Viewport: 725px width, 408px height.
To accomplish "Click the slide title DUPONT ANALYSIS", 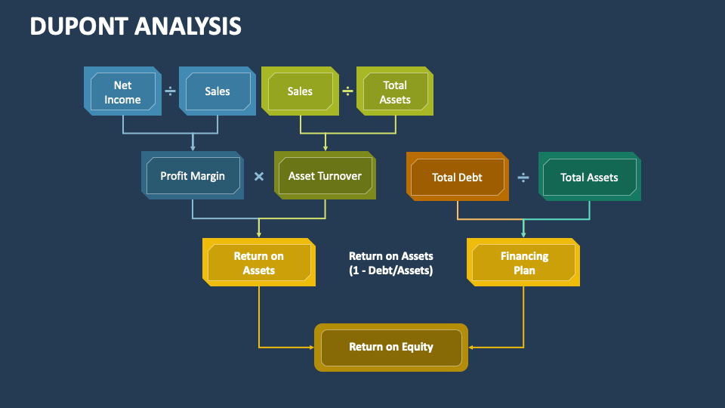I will [136, 26].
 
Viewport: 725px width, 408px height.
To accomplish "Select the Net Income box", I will [122, 91].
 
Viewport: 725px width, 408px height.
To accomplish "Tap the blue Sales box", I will [217, 91].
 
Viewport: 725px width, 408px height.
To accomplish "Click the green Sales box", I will [300, 91].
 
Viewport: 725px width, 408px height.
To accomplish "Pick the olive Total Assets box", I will [395, 91].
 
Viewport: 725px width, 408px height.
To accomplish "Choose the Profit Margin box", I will [193, 176].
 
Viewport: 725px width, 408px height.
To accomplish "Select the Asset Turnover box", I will [325, 176].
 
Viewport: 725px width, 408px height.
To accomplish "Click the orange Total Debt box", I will [458, 178].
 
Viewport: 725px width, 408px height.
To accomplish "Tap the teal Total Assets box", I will [590, 178].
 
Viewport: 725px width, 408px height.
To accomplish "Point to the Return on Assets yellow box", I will [259, 263].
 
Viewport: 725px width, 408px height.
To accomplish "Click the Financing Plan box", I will [523, 263].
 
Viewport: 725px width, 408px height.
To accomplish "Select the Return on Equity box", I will [391, 348].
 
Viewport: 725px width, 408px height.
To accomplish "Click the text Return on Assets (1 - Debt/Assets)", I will [391, 263].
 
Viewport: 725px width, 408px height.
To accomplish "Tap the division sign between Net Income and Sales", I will [170, 91].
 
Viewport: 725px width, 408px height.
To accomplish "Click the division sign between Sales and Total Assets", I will [347, 91].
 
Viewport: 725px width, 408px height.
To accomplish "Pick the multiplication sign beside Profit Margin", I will [259, 177].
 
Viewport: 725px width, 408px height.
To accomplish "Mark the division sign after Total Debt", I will [523, 178].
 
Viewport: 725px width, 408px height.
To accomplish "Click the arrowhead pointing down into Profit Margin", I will [193, 147].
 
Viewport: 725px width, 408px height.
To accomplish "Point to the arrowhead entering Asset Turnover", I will [325, 147].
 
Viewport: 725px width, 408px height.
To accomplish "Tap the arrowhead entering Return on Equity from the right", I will [472, 348].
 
